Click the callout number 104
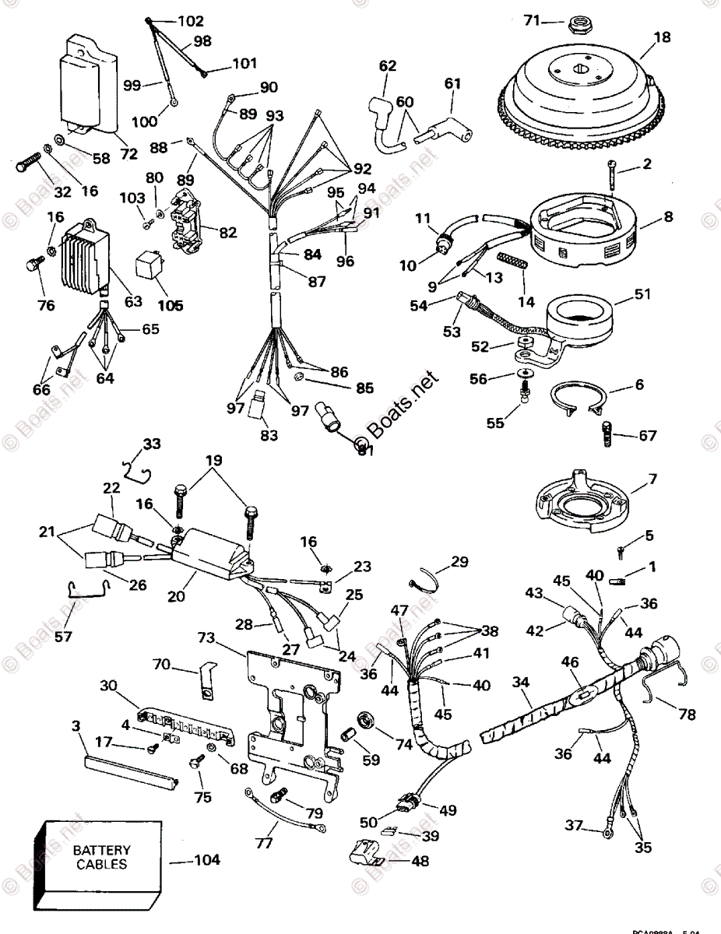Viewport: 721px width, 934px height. [x=206, y=860]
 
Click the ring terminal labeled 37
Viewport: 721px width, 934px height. [x=607, y=834]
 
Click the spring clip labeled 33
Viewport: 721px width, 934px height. [x=139, y=469]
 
